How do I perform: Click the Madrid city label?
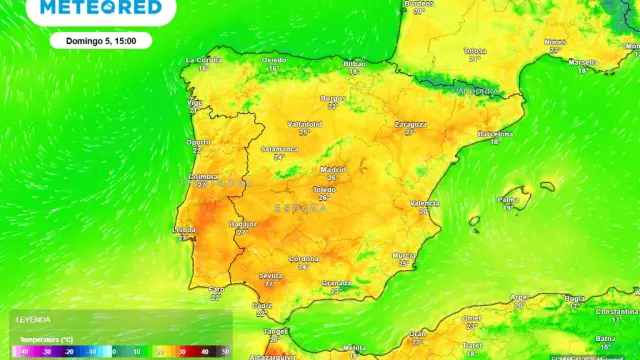tap(333, 169)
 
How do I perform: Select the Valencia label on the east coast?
tap(424, 203)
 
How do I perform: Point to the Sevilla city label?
tap(269, 274)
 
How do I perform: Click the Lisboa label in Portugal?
tap(184, 229)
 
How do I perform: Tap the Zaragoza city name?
tap(410, 124)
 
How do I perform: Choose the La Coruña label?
tap(202, 60)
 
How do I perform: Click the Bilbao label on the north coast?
tap(355, 63)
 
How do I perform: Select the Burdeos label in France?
tap(419, 4)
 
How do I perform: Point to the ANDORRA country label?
tap(476, 91)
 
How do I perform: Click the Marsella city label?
tap(583, 61)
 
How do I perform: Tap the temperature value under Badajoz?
tap(243, 232)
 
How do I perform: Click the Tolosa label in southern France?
tap(475, 50)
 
